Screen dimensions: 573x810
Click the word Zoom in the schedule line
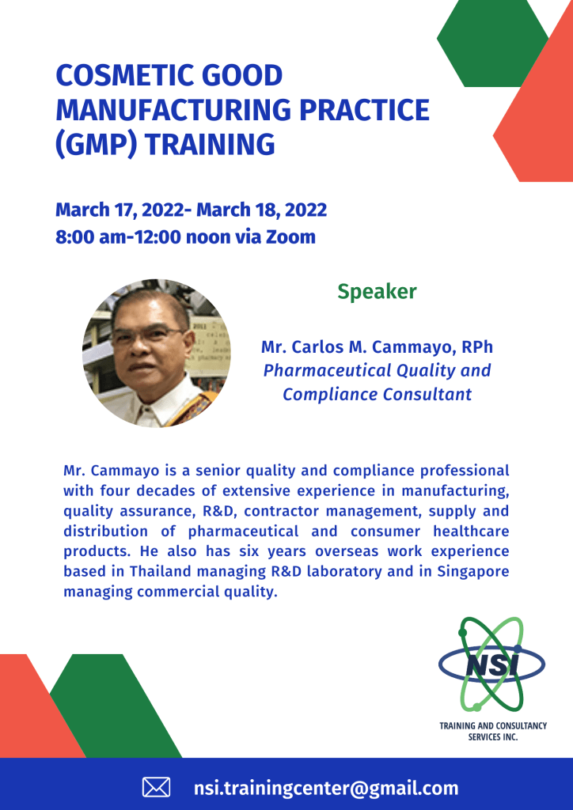(x=290, y=237)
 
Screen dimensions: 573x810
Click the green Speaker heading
(x=378, y=292)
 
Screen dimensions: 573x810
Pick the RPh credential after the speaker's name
(x=477, y=346)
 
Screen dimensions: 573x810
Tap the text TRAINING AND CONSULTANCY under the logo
(x=493, y=726)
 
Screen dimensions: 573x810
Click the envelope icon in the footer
(x=156, y=788)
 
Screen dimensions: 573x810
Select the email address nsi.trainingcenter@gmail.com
(x=326, y=789)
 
